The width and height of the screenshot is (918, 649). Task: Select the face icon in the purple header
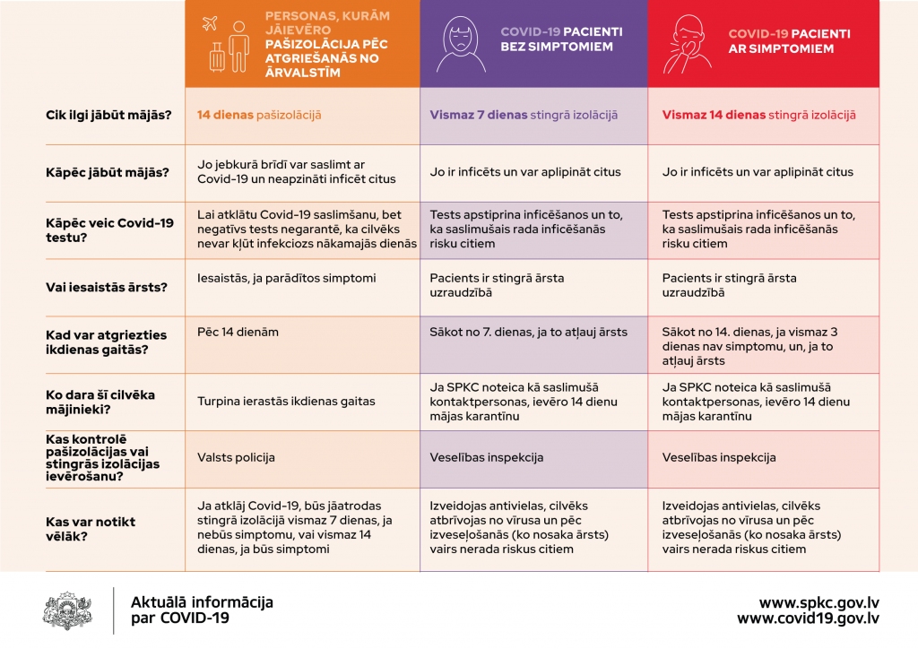pos(459,45)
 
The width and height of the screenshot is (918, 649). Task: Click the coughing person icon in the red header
pos(688,45)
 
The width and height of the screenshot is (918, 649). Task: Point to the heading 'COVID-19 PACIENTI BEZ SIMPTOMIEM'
pos(561,39)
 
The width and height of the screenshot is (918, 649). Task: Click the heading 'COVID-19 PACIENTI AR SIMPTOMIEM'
pos(789,39)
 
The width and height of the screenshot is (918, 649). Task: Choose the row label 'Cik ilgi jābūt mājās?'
pos(108,115)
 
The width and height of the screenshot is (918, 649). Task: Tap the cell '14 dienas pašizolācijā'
pos(259,115)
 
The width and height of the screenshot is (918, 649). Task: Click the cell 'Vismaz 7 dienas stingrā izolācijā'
pos(524,115)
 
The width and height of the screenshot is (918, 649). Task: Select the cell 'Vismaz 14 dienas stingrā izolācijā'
pos(758,115)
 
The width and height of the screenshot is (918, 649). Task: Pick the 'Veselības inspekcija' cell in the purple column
pos(487,457)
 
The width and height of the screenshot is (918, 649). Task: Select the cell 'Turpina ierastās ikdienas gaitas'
pos(286,401)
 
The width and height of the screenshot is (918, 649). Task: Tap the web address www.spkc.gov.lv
pos(818,602)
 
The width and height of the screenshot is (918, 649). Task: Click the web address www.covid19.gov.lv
pos(808,619)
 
